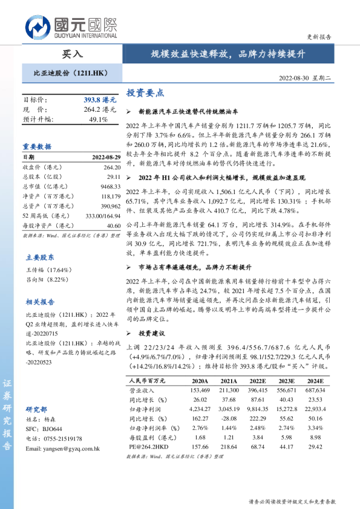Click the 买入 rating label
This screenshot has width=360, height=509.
tap(73, 54)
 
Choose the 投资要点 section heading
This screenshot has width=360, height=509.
tap(145, 94)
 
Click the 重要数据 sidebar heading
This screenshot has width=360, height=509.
tap(37, 146)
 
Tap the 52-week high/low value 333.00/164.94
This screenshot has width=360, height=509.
tap(100, 216)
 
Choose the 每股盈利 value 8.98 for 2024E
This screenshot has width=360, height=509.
tap(315, 436)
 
